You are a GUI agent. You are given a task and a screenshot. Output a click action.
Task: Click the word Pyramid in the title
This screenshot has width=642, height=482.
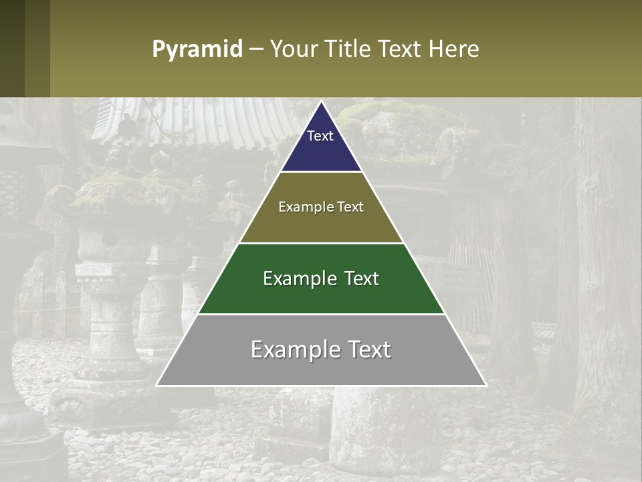197,50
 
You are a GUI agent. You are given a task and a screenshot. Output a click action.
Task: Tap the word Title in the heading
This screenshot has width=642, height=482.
348,50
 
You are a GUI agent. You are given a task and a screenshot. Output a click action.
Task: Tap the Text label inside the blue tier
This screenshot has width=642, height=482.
320,136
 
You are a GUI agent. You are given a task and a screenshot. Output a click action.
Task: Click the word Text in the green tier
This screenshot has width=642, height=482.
362,278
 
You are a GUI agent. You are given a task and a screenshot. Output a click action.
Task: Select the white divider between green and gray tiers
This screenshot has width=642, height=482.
321,314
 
